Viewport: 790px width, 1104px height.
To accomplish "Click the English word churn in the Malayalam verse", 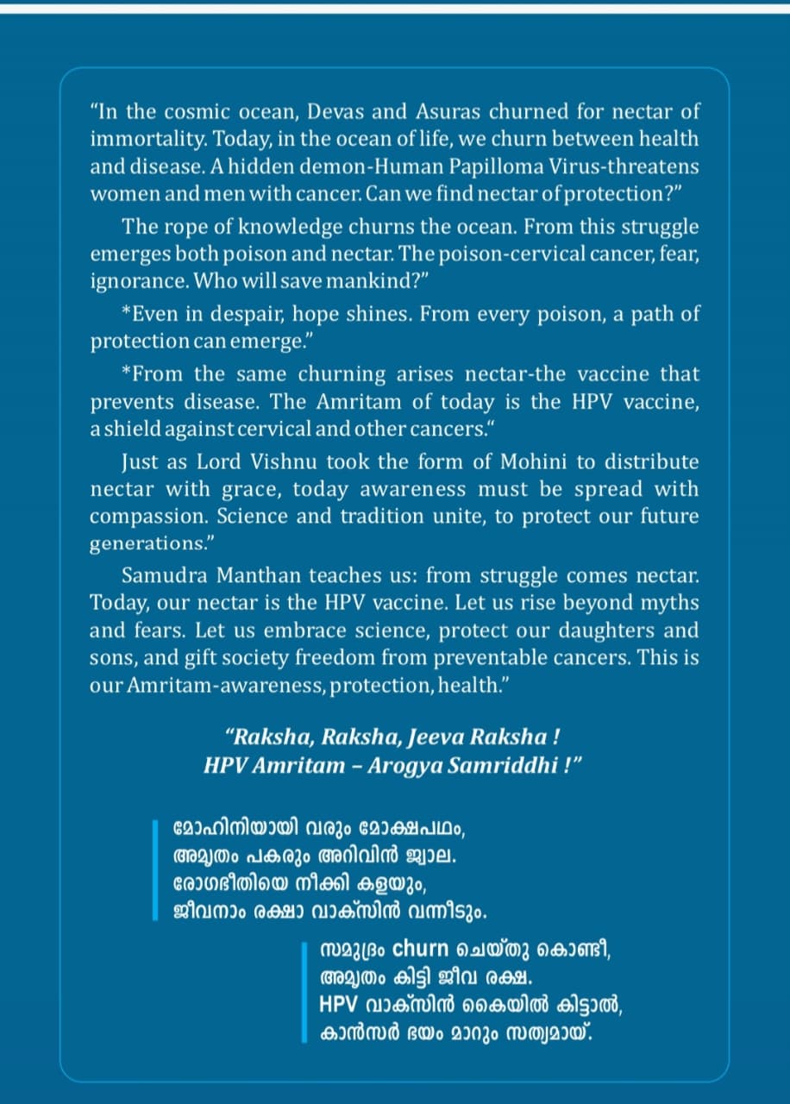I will tap(421, 950).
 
